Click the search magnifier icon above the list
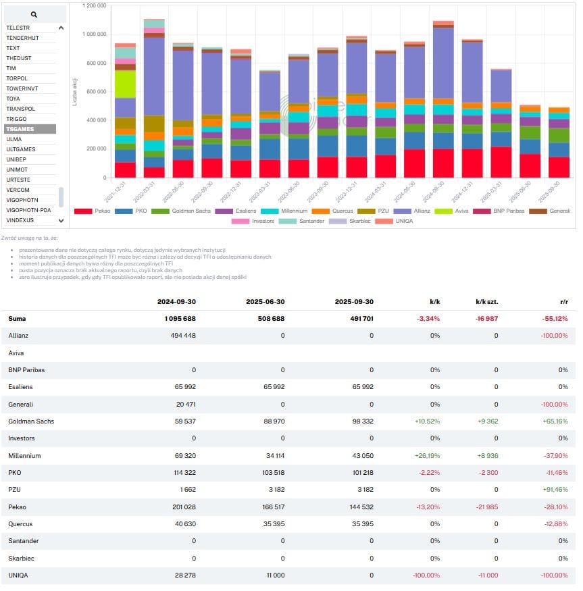coord(34,14)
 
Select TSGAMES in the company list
coord(19,129)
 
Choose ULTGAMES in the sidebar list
coord(21,149)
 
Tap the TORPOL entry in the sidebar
coord(17,78)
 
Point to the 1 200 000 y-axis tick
coord(94,5)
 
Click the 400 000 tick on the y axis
coord(97,120)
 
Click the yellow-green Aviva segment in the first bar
coord(125,84)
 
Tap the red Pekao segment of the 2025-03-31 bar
coord(501,162)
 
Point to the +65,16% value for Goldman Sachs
coord(554,421)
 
